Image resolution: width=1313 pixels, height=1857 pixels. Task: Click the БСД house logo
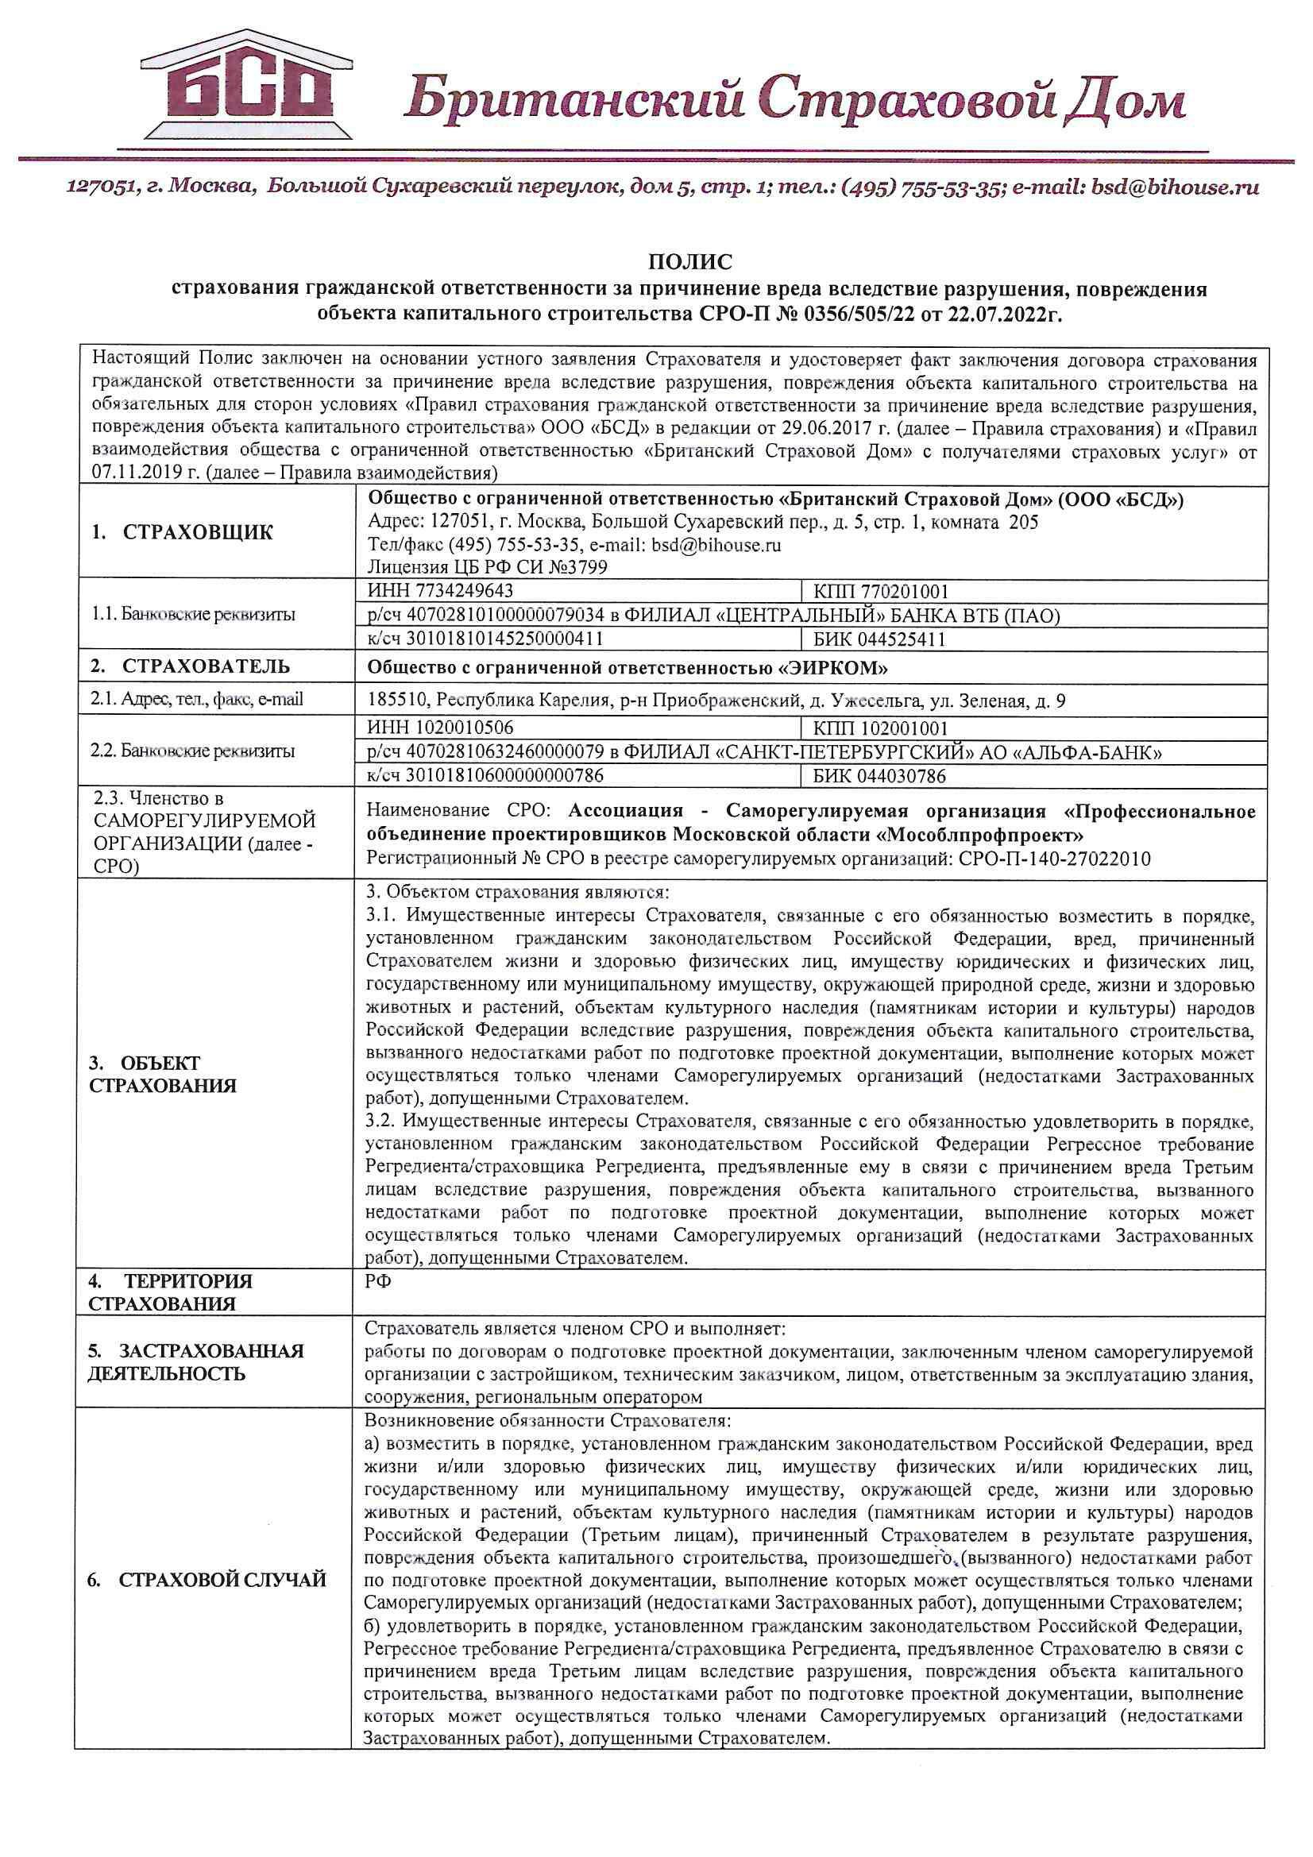coord(247,87)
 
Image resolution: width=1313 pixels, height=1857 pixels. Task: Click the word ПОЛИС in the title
coord(689,262)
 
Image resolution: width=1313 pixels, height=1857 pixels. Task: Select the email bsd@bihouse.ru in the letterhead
coord(1176,188)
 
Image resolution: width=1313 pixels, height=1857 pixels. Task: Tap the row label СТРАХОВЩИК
coord(198,532)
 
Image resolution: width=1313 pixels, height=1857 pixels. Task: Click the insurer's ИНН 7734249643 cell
coord(440,591)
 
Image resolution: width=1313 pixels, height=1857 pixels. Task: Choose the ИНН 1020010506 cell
coord(440,728)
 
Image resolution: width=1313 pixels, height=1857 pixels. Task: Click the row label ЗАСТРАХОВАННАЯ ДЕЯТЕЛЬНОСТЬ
coord(195,1362)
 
